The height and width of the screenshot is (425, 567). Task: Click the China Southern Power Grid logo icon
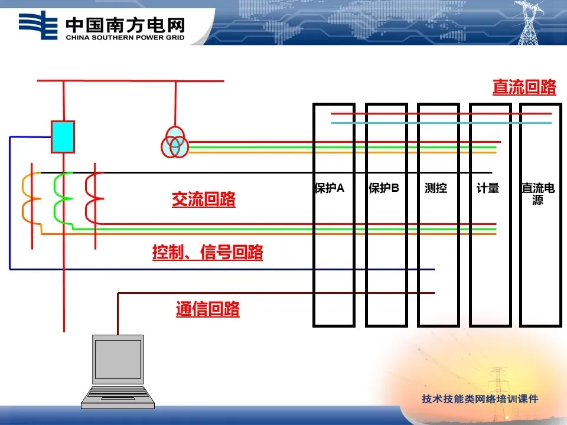click(39, 25)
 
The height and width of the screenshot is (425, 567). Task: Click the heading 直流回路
click(524, 87)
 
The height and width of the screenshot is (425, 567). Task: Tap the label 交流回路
click(204, 200)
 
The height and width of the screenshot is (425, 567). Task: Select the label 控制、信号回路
click(208, 253)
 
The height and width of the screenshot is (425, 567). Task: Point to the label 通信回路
click(207, 309)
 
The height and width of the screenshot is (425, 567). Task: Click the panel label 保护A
click(330, 188)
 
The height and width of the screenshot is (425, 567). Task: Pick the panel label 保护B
click(384, 188)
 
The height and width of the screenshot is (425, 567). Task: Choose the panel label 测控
click(436, 188)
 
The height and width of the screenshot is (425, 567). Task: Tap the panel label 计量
click(488, 188)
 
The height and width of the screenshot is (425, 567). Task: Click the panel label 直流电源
click(537, 194)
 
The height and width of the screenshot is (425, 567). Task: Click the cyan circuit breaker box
click(63, 136)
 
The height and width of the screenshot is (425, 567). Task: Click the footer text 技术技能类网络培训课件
click(480, 399)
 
